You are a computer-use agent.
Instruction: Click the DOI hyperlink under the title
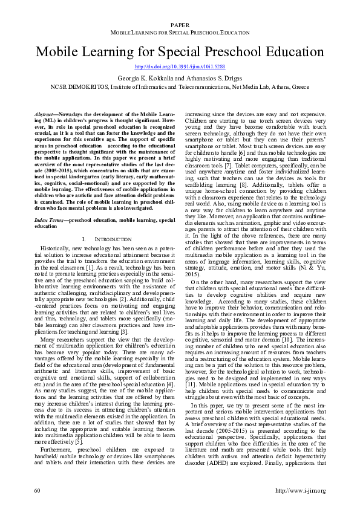(180, 66)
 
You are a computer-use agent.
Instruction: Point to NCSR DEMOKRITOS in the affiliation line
(74, 86)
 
